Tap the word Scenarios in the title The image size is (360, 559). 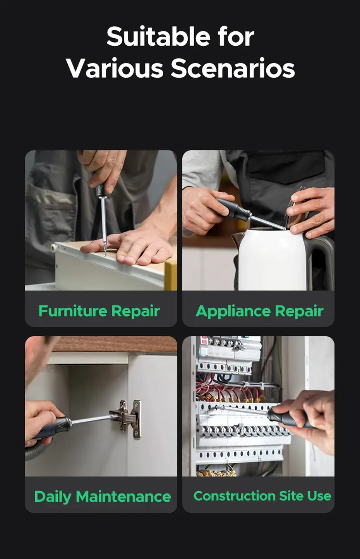click(x=233, y=69)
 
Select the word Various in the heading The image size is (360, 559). click(x=115, y=69)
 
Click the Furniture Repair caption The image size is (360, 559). click(x=99, y=311)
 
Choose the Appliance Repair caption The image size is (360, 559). click(x=259, y=311)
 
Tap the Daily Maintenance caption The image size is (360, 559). click(x=103, y=497)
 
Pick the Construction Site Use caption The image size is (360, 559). click(x=262, y=496)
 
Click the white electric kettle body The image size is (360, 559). click(x=271, y=259)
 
